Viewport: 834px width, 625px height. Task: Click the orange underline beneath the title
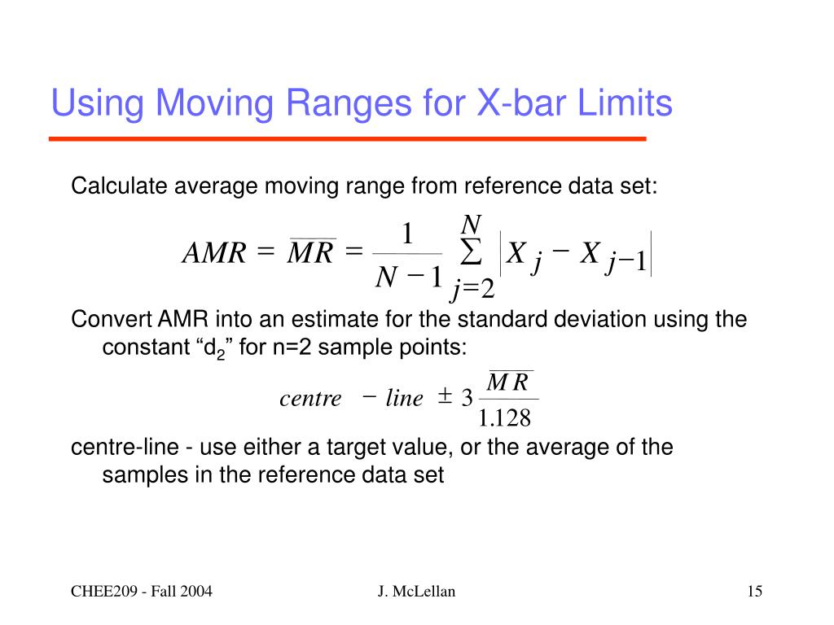[x=348, y=139]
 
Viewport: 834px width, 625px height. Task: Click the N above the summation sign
[x=471, y=224]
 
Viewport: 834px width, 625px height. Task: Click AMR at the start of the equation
[x=213, y=255]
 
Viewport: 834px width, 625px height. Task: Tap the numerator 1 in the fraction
[x=407, y=236]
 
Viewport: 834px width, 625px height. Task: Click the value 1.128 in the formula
[x=505, y=418]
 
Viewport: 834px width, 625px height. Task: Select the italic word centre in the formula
[x=310, y=399]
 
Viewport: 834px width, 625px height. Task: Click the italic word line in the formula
[x=404, y=399]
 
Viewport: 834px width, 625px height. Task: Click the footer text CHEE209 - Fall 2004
[x=140, y=592]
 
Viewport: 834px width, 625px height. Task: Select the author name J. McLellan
[x=416, y=592]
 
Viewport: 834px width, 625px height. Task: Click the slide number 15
[x=754, y=592]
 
